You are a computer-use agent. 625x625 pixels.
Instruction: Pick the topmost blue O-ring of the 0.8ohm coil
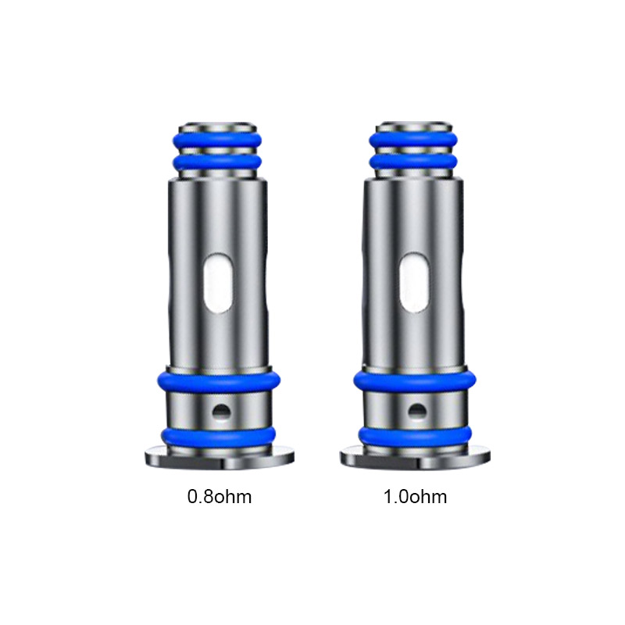point(218,141)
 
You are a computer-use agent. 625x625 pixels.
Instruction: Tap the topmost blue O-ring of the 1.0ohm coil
point(413,141)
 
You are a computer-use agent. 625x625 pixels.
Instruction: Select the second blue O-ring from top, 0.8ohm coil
point(218,162)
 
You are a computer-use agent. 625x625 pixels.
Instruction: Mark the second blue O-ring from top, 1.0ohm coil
point(413,162)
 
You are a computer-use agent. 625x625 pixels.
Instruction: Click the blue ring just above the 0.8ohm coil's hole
point(218,380)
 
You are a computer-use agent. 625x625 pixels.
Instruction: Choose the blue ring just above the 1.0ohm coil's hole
point(413,380)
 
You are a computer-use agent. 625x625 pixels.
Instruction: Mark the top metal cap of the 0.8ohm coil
point(218,127)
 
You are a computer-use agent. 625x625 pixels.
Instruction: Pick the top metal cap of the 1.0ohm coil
point(413,127)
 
